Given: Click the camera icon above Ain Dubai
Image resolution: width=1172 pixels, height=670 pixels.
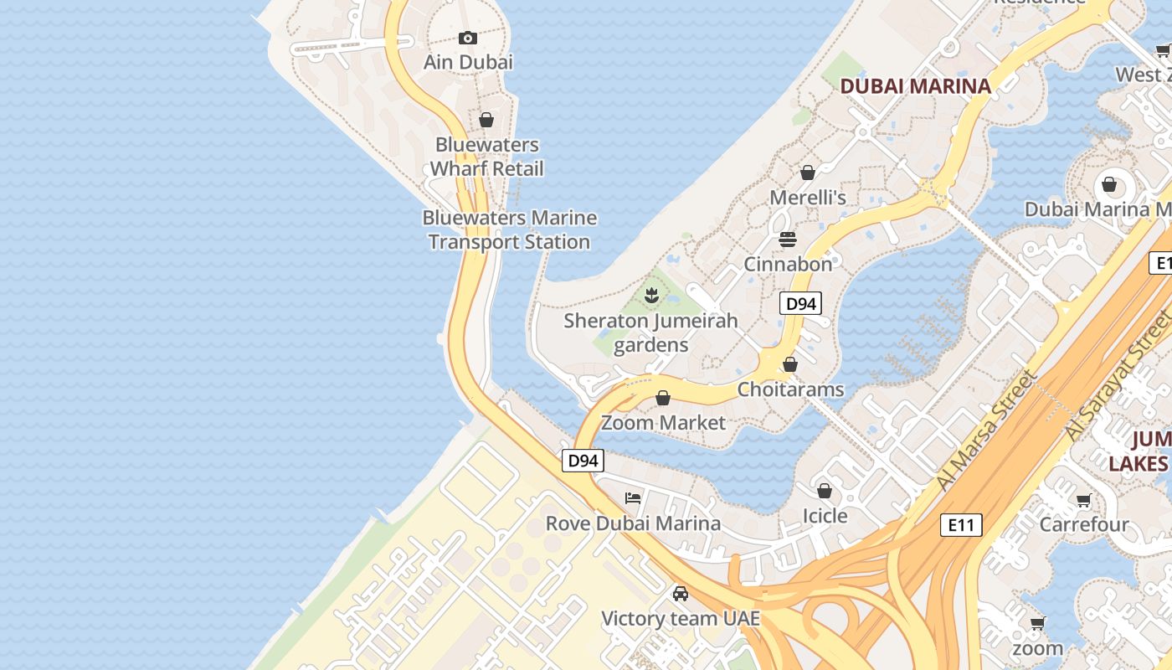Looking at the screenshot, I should click(x=468, y=38).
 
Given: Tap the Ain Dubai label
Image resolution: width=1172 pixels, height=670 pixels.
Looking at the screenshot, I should click(x=468, y=62).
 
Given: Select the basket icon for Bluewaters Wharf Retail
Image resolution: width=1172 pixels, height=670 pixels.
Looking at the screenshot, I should click(x=486, y=121).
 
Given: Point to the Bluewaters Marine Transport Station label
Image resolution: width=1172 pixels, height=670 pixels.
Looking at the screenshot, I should click(x=509, y=229).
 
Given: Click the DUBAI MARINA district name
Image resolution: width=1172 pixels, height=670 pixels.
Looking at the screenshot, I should click(x=915, y=85).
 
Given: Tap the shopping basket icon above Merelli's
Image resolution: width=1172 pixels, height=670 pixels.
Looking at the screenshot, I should click(x=808, y=173).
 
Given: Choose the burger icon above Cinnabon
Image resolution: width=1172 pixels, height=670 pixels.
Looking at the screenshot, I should click(x=788, y=240).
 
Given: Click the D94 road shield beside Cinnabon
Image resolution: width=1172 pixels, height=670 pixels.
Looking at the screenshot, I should click(x=800, y=303).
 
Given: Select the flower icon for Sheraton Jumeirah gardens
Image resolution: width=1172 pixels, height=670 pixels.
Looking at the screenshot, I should click(x=651, y=296).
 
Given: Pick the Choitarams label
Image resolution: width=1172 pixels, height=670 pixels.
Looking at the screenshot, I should click(x=790, y=389).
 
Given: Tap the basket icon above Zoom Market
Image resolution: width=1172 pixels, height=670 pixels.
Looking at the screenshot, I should click(x=663, y=398).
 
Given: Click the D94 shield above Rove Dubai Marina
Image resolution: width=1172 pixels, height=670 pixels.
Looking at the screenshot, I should click(x=583, y=460).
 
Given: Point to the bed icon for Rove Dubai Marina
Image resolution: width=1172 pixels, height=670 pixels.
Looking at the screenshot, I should click(x=633, y=498).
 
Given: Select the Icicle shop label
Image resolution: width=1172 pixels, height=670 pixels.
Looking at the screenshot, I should click(x=825, y=516).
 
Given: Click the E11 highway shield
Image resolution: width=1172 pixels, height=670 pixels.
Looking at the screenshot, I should click(x=961, y=525).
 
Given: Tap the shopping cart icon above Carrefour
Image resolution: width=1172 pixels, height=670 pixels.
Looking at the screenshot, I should click(x=1084, y=501).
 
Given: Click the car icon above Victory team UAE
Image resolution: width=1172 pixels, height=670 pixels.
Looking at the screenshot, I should click(x=681, y=594).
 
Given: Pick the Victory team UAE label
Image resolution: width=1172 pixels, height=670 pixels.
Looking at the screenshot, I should click(x=681, y=619).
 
